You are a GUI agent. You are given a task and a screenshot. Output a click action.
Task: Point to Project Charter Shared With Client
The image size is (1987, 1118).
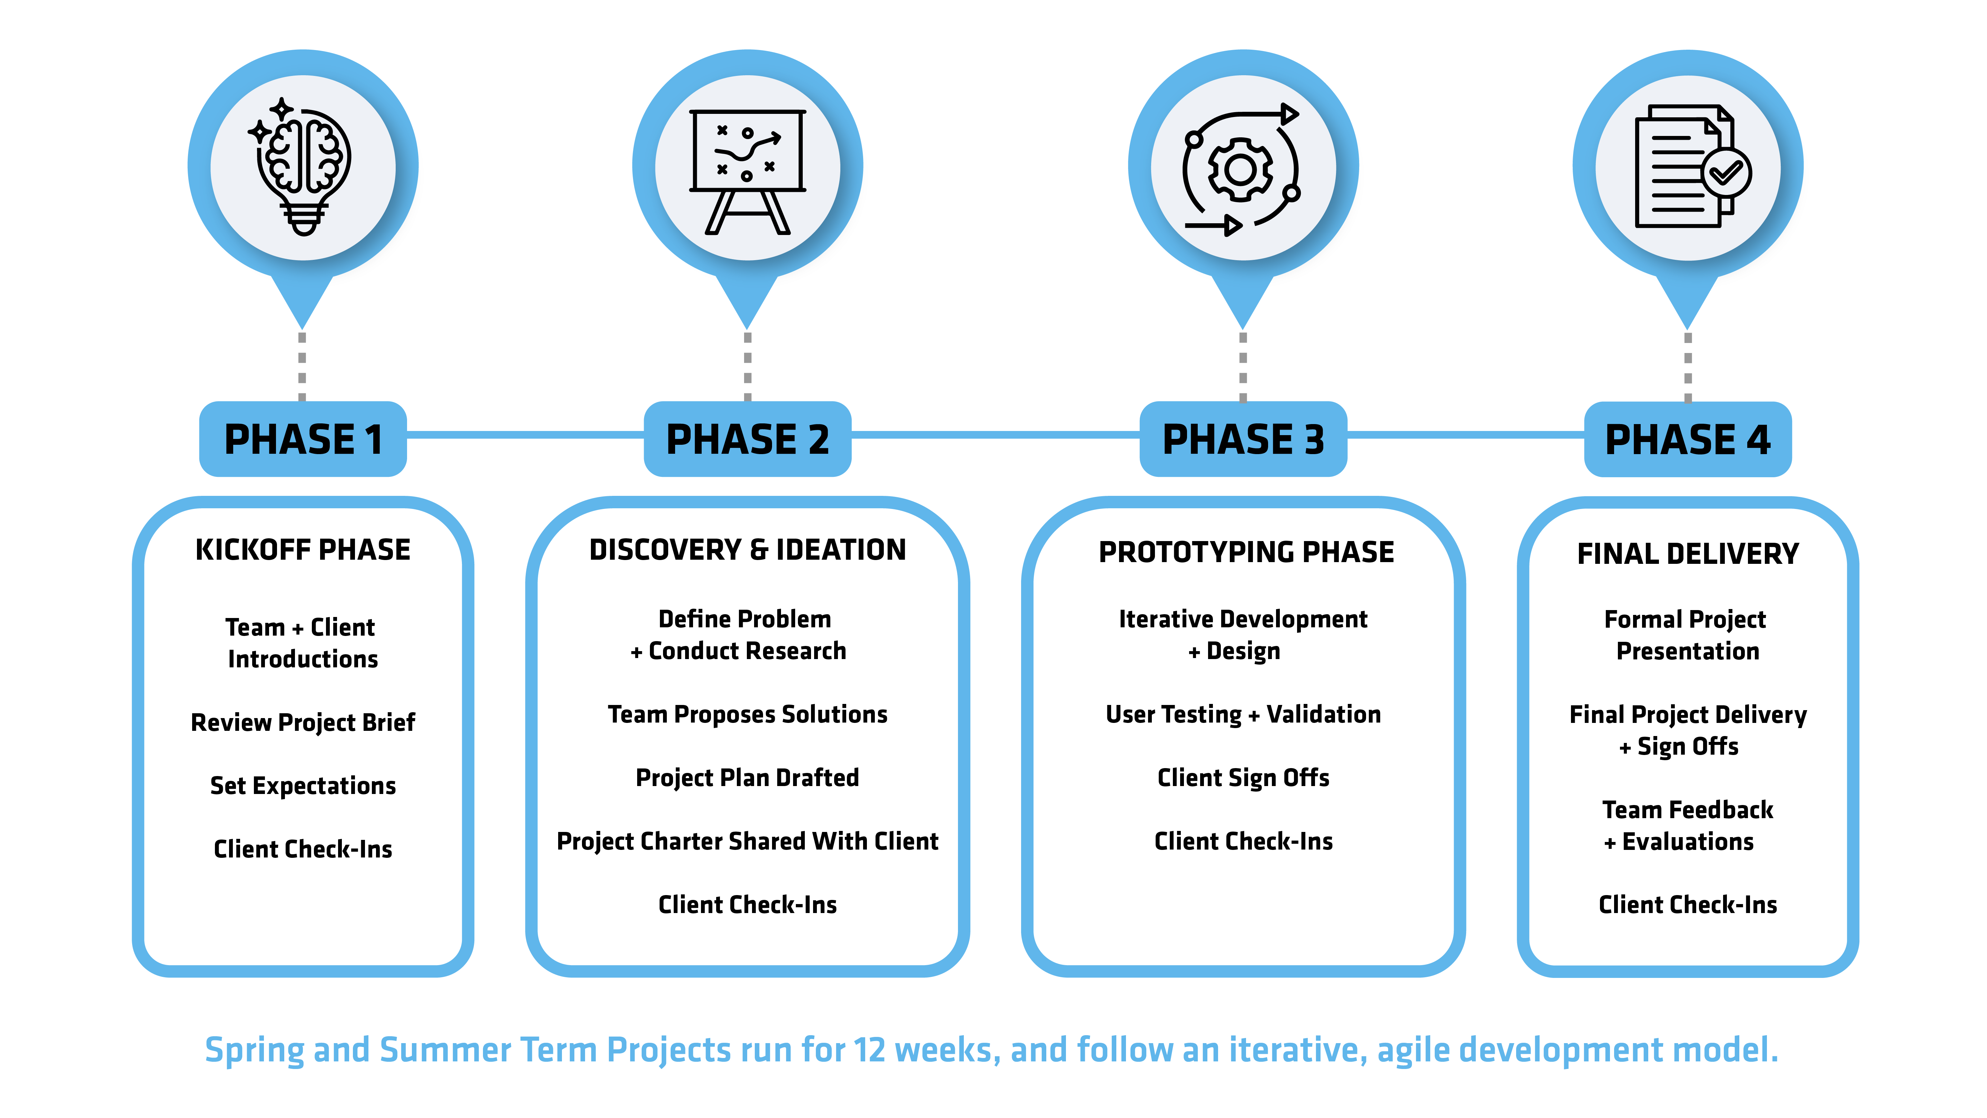(x=747, y=841)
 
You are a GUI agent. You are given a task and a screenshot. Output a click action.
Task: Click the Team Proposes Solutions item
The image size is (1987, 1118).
(x=747, y=715)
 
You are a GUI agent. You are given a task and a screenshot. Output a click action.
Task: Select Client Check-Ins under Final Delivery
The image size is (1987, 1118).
(x=1688, y=904)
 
